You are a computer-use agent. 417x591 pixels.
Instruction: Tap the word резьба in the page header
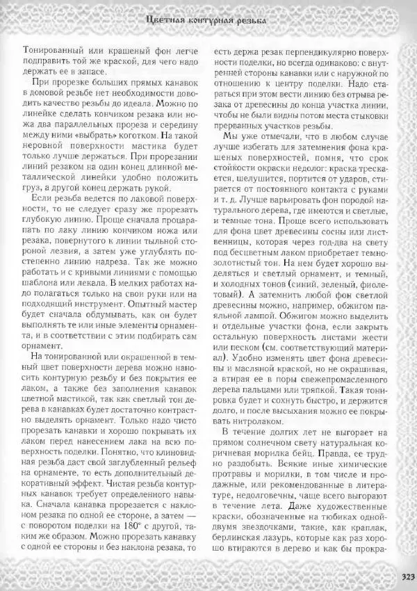[247, 20]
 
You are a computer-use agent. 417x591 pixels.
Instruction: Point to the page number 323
[407, 574]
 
